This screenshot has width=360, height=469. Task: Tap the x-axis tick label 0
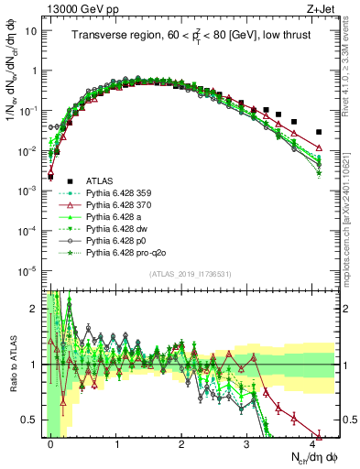51,443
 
